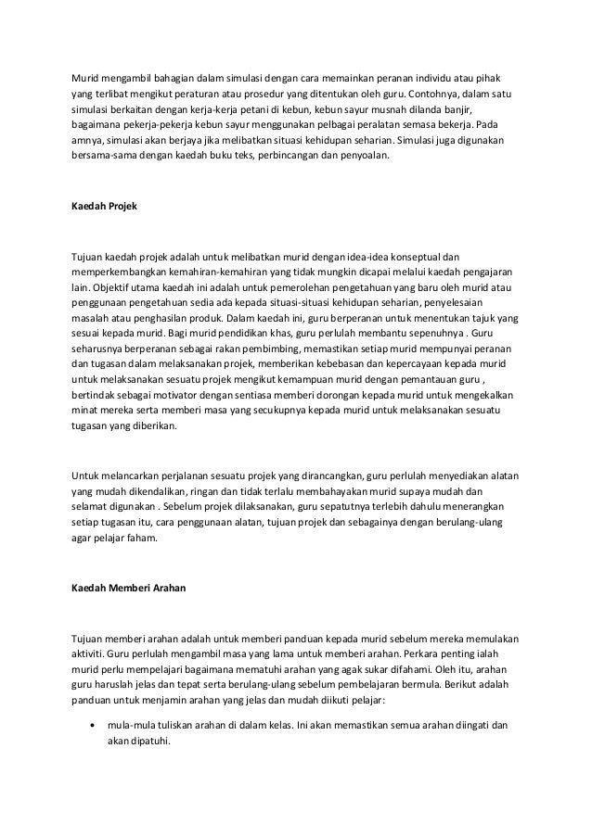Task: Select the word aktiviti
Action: pyautogui.click(x=90, y=653)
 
